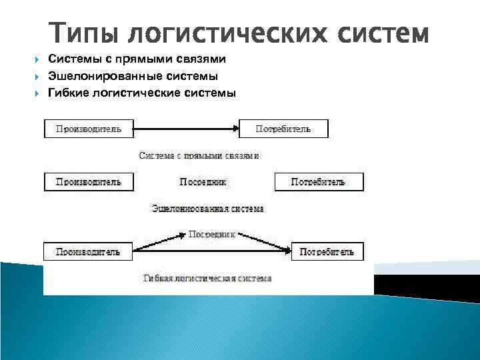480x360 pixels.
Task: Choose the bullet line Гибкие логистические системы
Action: (141, 93)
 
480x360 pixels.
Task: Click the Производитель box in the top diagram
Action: (89, 129)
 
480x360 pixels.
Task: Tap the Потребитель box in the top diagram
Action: (283, 129)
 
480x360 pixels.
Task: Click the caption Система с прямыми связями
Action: (199, 155)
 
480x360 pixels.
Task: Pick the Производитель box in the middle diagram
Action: (89, 181)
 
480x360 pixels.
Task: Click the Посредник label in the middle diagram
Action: (203, 181)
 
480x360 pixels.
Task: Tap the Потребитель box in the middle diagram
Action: (319, 181)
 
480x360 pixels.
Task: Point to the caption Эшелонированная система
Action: (207, 208)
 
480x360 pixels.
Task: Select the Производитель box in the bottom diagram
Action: (88, 251)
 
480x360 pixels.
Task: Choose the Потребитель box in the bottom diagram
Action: (327, 251)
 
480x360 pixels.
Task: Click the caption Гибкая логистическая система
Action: (207, 277)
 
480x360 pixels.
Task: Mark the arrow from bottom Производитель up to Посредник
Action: (160, 242)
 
